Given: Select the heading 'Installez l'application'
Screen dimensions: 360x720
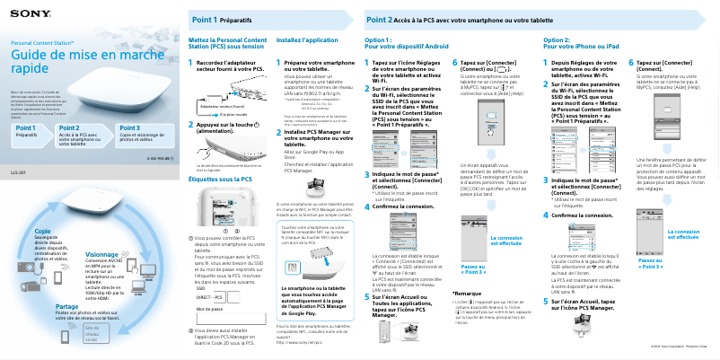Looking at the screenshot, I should coord(307,40).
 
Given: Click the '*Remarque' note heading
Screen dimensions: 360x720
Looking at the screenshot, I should coord(468,294).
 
